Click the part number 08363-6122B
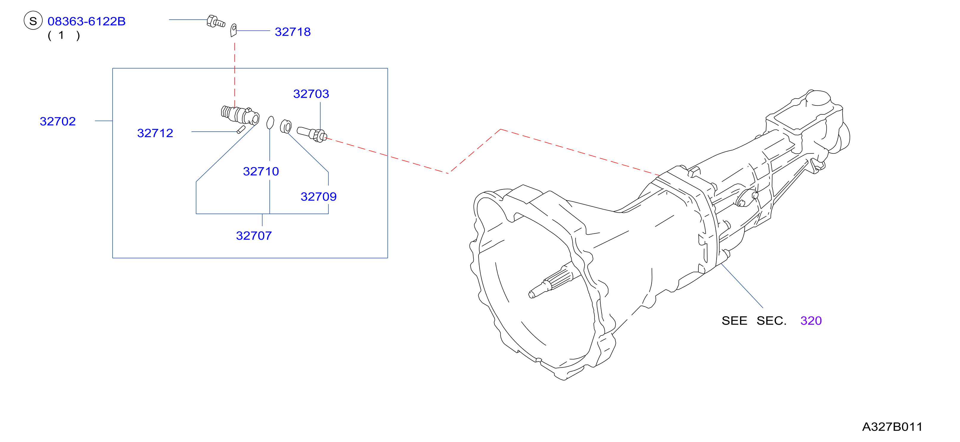[86, 21]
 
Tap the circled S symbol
[33, 21]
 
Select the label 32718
[293, 32]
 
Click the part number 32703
[311, 94]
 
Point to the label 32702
[58, 121]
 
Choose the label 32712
[155, 133]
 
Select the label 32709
[319, 196]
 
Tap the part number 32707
[254, 236]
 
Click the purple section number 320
[811, 320]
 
